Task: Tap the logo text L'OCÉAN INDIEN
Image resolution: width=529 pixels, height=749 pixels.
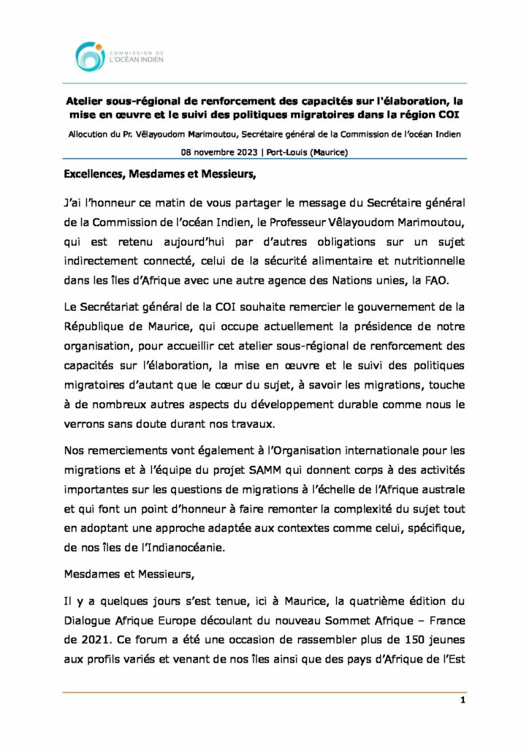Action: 136,60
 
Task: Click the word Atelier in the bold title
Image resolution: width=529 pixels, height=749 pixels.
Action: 86,103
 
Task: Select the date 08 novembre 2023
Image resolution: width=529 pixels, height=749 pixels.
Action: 218,152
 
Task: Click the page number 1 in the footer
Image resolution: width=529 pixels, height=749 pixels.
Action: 463,700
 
